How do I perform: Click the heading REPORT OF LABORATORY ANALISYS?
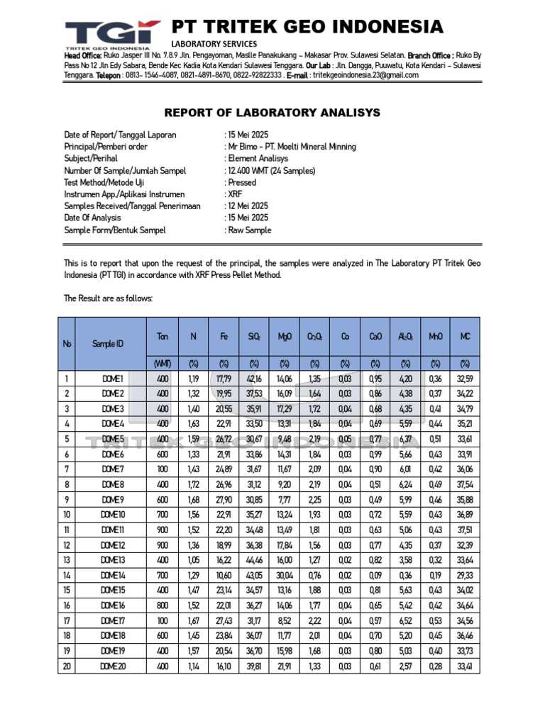coord(272,113)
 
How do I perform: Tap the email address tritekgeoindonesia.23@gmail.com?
coord(366,75)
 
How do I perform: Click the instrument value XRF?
coord(235,194)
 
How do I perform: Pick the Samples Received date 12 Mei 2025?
coord(248,206)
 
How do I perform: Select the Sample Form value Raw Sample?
coord(250,230)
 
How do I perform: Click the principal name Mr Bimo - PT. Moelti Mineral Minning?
coord(292,147)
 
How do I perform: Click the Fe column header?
coord(224,337)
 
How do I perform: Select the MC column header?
coord(465,337)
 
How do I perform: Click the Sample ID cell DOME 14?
coord(113,575)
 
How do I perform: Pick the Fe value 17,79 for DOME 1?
coord(224,379)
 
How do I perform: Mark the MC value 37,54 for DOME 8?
coord(465,485)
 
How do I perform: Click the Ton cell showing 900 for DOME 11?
coord(163,530)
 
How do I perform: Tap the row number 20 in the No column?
coord(67,666)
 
